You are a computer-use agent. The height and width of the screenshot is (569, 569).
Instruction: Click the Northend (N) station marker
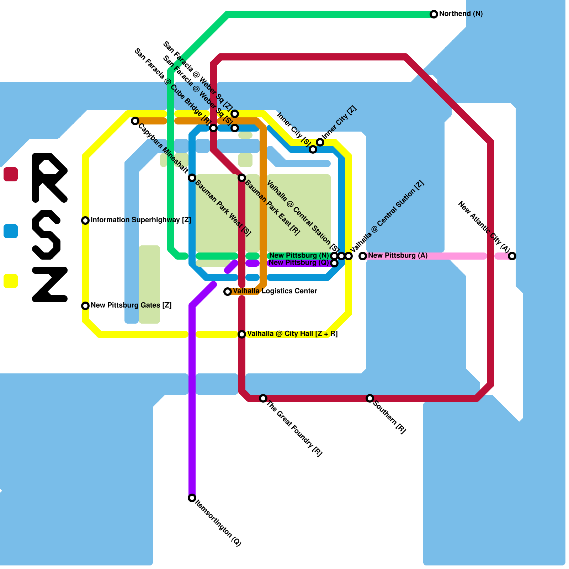434,14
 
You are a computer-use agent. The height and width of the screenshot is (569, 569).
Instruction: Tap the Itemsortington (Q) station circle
192,498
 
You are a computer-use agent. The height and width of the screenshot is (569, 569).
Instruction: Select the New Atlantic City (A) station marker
512,256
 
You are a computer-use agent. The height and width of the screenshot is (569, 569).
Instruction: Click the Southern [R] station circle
370,398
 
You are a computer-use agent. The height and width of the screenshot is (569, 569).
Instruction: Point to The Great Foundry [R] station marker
263,398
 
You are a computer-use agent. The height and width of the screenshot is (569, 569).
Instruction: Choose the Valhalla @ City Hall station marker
242,334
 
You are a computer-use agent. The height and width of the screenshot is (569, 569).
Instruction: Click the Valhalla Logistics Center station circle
228,292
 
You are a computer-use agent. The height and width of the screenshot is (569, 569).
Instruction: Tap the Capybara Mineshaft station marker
135,121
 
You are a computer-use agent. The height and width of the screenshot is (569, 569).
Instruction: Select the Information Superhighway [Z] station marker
85,220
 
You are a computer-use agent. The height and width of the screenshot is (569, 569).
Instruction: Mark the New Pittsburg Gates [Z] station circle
85,306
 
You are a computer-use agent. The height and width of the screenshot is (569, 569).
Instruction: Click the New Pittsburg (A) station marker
362,256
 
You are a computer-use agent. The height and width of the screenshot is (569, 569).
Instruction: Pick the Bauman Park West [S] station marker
192,178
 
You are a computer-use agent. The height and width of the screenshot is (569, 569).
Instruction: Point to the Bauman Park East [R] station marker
242,178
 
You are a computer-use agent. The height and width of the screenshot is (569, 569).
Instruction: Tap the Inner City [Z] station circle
320,142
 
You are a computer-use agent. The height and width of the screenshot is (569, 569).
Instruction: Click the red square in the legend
11,174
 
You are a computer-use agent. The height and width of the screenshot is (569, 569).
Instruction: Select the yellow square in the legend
11,281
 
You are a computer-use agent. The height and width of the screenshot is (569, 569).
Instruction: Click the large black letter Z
50,284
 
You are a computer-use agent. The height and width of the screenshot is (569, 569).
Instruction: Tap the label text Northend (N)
461,14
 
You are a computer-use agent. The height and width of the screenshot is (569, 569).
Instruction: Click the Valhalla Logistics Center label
275,291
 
